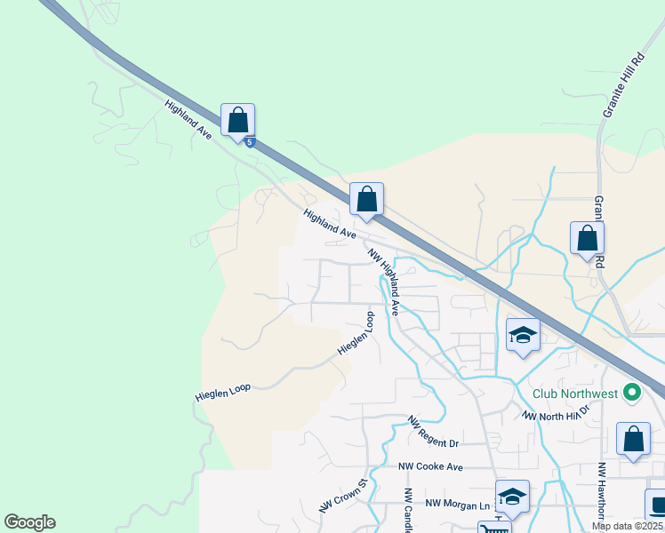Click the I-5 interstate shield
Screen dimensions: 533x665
coord(251,142)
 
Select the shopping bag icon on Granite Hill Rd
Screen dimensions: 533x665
coord(587,238)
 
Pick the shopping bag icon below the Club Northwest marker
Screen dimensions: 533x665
coord(632,439)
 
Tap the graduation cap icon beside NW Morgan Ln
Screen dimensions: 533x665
coord(512,497)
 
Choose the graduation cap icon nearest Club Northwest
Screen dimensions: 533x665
coord(523,335)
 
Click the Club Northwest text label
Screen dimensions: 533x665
coord(575,394)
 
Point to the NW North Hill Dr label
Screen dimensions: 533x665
coord(556,414)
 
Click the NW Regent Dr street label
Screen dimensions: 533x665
coord(433,432)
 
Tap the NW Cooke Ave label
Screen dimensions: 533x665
coord(430,466)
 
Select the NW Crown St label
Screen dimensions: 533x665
coord(343,497)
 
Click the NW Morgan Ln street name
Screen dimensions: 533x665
coord(459,504)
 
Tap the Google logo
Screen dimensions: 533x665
coord(29,522)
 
